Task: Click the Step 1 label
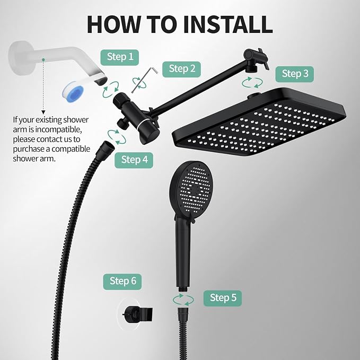120,57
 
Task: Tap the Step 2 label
181,69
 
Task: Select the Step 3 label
295,74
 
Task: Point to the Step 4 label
134,160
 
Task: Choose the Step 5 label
223,298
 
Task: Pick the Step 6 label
122,282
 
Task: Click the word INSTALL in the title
227,24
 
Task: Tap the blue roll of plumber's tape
73,90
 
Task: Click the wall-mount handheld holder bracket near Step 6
138,314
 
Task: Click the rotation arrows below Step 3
252,83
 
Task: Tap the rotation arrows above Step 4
117,137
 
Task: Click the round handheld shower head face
192,188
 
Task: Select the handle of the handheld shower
183,252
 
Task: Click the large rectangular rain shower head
259,122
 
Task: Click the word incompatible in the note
58,130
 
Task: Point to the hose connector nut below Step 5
183,313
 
